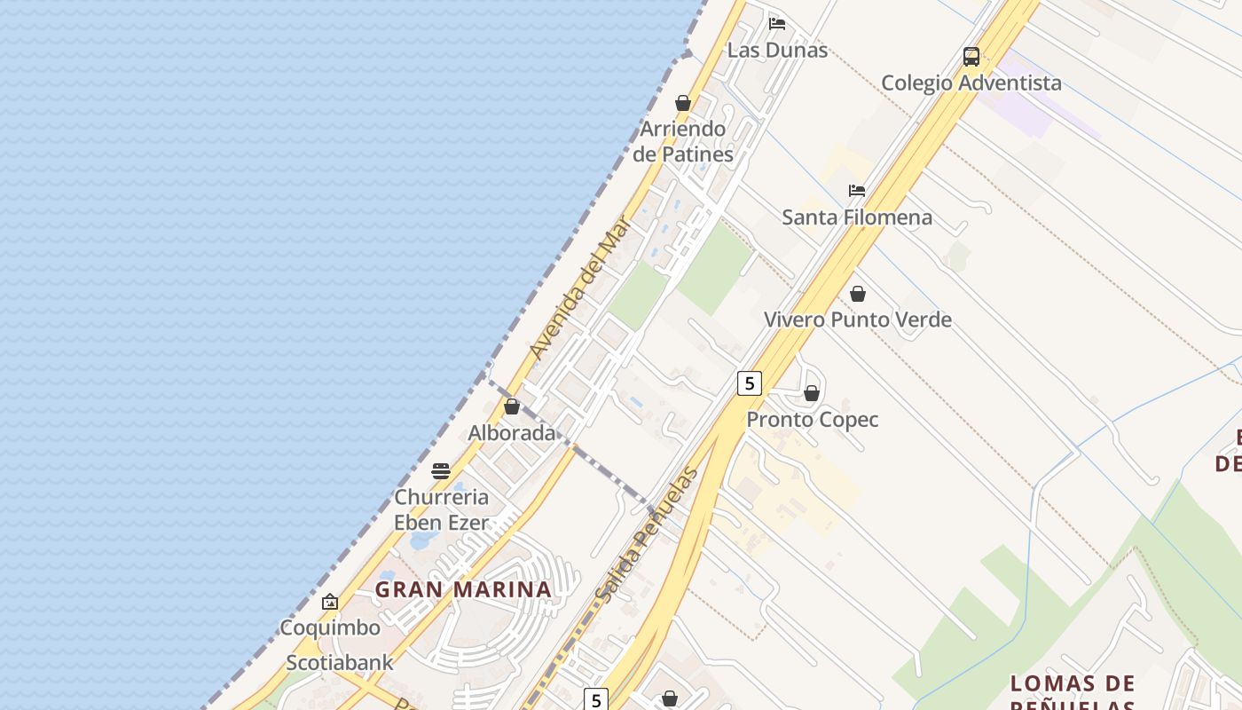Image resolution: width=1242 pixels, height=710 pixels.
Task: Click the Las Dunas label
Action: (777, 50)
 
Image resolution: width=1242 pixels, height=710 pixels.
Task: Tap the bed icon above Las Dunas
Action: (777, 23)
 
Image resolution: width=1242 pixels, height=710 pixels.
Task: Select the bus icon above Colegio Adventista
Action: (971, 57)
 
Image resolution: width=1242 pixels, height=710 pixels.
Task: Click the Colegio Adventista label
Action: (971, 83)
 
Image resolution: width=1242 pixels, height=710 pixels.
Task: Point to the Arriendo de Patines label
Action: (683, 141)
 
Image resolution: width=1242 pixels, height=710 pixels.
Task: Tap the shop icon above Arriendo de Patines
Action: (683, 103)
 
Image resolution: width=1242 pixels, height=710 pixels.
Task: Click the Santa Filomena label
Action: (857, 217)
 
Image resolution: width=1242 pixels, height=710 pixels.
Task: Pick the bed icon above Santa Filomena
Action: (857, 191)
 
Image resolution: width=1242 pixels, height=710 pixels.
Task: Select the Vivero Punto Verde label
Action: (858, 319)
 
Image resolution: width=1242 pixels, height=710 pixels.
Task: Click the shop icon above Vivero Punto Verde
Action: (858, 293)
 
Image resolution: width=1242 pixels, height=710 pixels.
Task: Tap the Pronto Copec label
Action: (813, 420)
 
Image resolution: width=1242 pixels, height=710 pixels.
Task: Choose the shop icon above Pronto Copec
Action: (812, 393)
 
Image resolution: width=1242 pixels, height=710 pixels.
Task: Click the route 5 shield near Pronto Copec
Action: (750, 383)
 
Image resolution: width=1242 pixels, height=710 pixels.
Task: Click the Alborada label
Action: (512, 433)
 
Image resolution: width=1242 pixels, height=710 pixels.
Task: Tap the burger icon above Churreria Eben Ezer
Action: (441, 471)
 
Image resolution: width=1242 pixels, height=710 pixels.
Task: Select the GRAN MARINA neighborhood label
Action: (463, 589)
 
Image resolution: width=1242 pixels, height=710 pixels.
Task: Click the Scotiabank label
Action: (340, 663)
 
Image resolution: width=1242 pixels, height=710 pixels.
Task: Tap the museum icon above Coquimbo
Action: (330, 602)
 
